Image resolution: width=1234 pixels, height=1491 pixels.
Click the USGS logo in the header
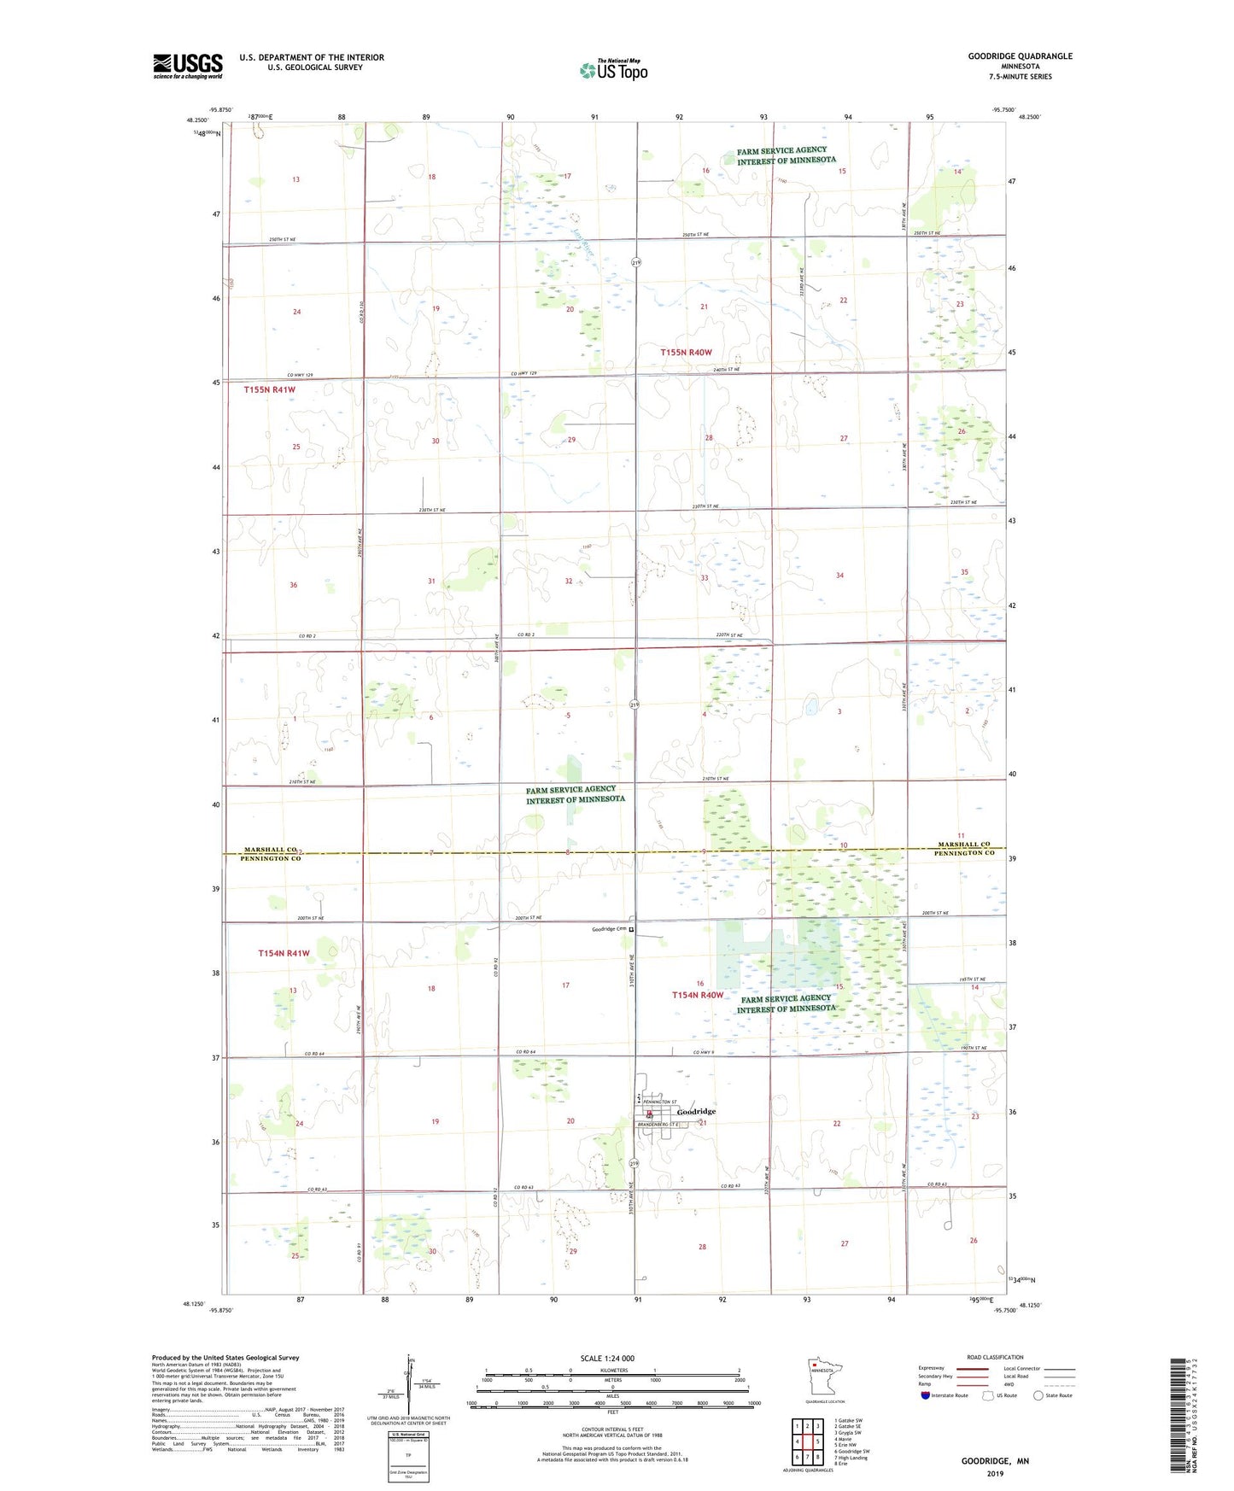pyautogui.click(x=188, y=66)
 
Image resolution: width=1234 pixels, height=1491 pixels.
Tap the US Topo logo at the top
pyautogui.click(x=614, y=70)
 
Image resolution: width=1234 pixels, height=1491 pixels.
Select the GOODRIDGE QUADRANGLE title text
pyautogui.click(x=1020, y=56)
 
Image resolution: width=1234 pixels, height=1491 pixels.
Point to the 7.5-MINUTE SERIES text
pyautogui.click(x=1021, y=77)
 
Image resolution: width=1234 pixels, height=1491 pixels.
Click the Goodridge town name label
pyautogui.click(x=696, y=1111)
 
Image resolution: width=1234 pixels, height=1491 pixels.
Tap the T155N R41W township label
pyautogui.click(x=270, y=389)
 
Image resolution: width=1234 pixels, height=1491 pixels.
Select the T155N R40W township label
pyautogui.click(x=686, y=353)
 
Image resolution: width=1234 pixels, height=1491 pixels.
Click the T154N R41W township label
pyautogui.click(x=284, y=953)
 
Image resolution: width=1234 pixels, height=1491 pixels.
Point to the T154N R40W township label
pyautogui.click(x=698, y=995)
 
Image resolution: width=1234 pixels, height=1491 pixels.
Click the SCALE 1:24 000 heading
pyautogui.click(x=607, y=1358)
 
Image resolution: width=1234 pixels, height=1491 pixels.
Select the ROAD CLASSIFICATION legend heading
pyautogui.click(x=995, y=1357)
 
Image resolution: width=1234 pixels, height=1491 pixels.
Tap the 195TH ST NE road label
pyautogui.click(x=973, y=979)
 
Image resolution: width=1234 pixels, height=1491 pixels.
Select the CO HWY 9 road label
pyautogui.click(x=703, y=1052)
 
